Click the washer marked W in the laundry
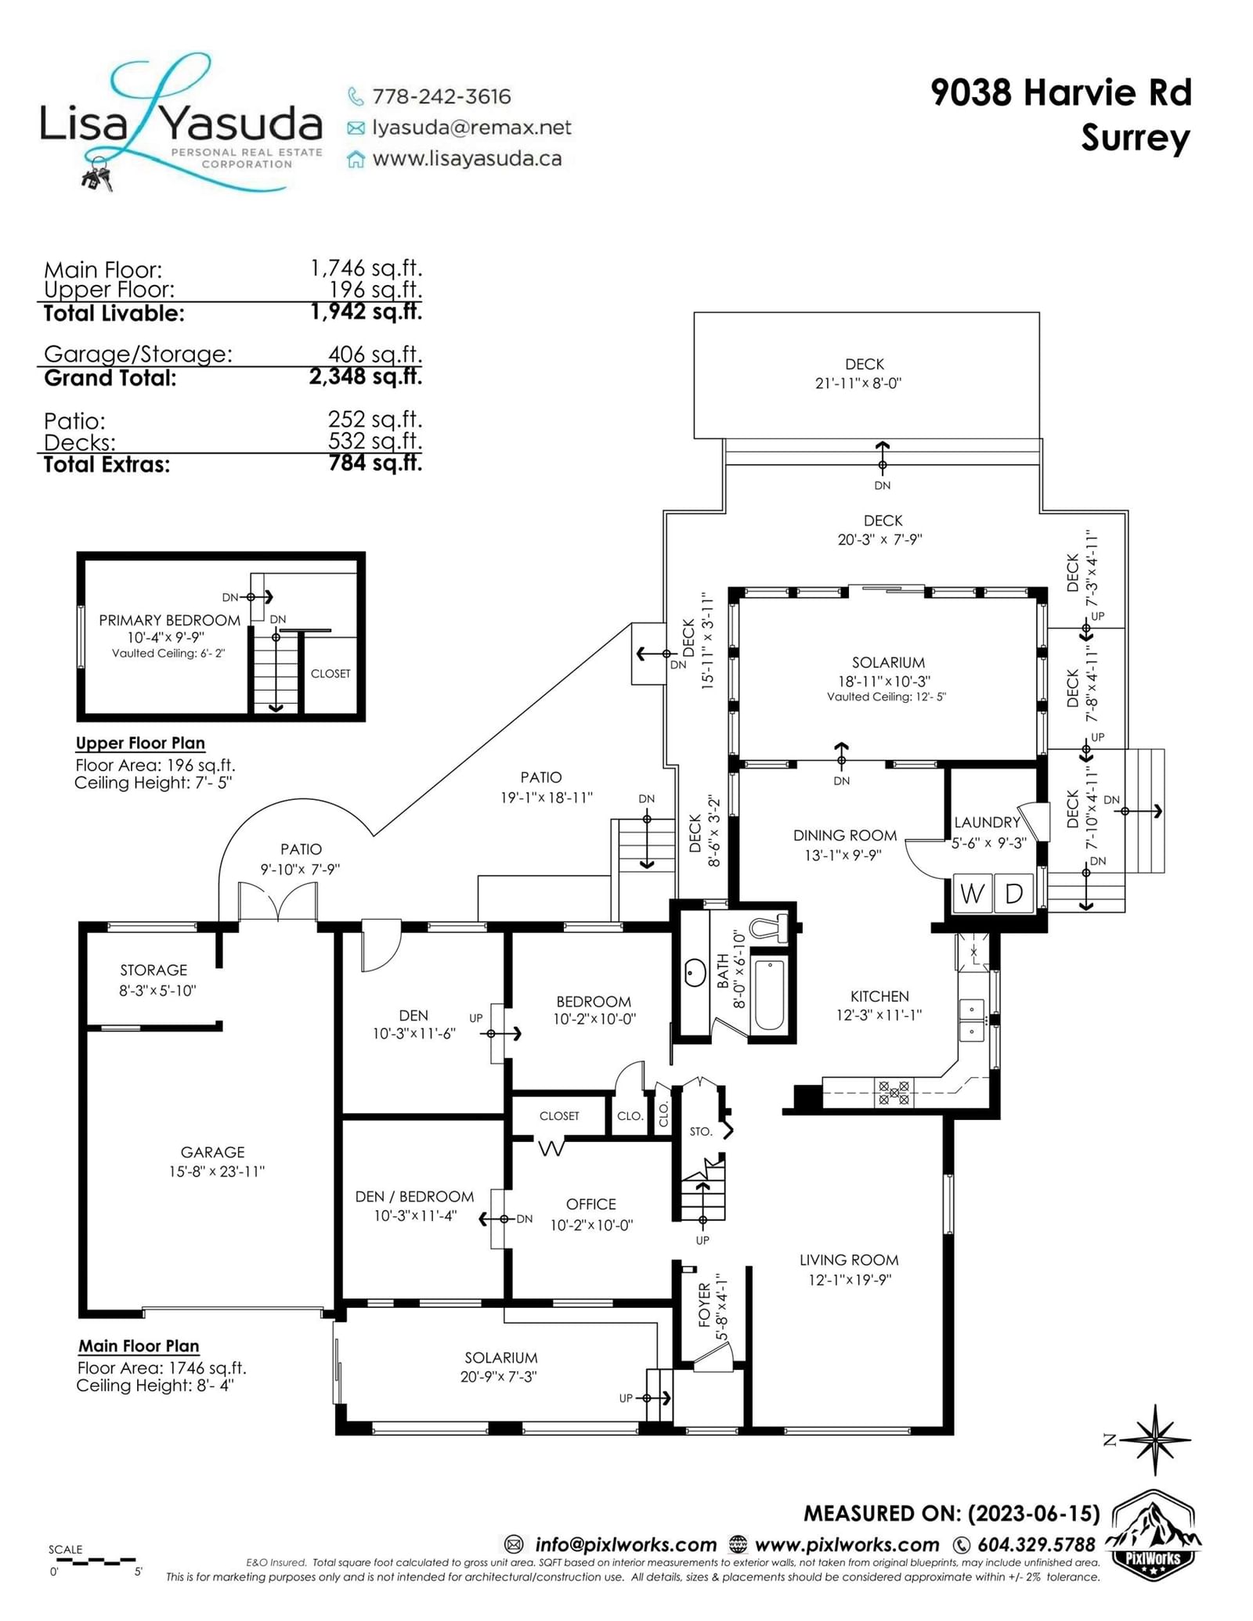point(972,893)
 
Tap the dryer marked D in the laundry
point(1014,893)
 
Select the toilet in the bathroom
point(769,928)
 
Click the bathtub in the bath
point(769,994)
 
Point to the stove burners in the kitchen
point(894,1093)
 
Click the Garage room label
point(213,1152)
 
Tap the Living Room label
point(849,1260)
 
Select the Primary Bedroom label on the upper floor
point(170,620)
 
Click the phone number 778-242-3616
point(442,96)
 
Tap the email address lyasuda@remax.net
point(471,128)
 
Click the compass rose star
point(1156,1439)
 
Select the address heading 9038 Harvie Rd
point(1061,92)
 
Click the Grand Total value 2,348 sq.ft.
point(366,376)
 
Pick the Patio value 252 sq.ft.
point(375,419)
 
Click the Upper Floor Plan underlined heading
point(140,743)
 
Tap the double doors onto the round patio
point(277,901)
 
